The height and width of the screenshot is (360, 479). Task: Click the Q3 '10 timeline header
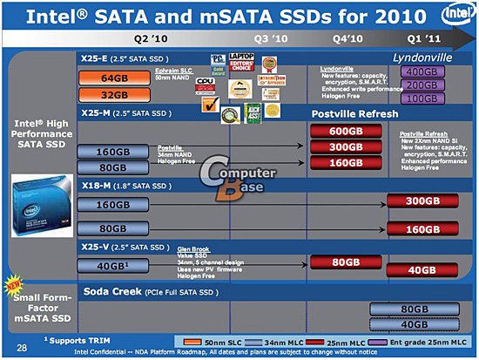point(272,39)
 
